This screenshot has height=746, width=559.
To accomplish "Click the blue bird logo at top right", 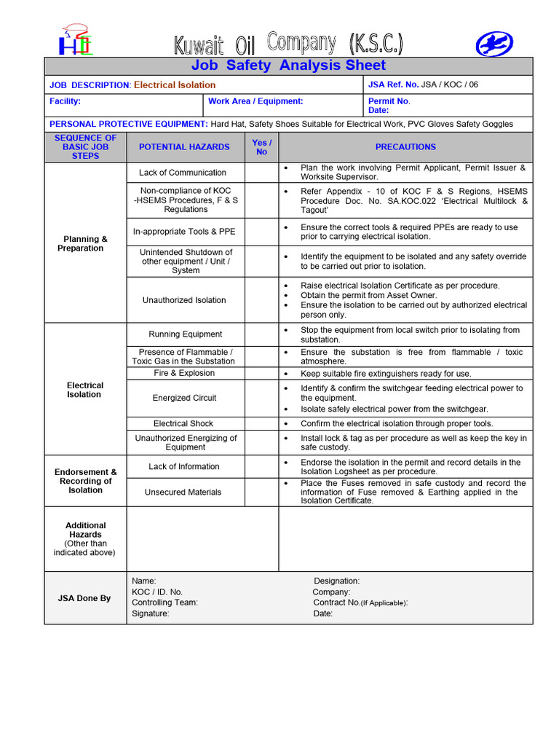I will (494, 44).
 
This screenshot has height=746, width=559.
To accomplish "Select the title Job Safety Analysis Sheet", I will (288, 66).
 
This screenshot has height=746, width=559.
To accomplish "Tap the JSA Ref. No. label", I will (394, 85).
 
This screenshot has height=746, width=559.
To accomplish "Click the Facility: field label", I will (65, 102).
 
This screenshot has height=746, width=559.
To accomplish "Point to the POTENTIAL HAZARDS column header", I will (184, 147).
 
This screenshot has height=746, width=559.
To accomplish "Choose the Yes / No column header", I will (261, 147).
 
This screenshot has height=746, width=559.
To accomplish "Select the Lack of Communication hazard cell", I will (183, 173).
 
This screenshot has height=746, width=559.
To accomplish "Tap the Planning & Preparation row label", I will (85, 243).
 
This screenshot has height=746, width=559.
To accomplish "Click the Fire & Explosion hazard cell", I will (184, 373).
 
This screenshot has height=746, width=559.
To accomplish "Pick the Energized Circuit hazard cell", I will (184, 398).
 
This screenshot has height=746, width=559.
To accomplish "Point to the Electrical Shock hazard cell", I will (183, 423).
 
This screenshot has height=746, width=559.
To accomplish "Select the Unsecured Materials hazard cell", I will (183, 492).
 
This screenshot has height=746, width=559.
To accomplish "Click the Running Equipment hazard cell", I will (186, 334).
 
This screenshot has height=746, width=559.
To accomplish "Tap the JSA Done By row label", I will (84, 598).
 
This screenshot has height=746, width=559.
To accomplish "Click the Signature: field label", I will (151, 613).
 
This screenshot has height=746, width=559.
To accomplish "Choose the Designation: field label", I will (336, 581).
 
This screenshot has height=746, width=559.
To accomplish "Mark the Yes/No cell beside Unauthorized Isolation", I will (261, 300).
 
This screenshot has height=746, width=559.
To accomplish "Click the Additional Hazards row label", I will (85, 538).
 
